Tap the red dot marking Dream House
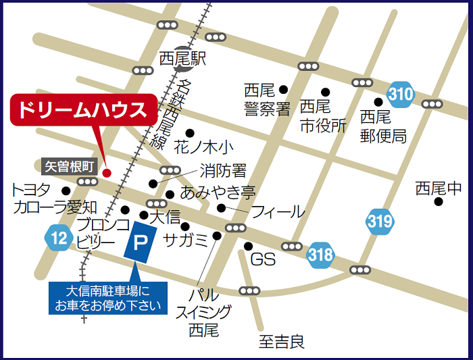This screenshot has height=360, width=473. pos(106,173)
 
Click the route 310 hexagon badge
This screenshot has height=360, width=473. pos(401,95)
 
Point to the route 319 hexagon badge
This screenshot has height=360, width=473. pos(380,221)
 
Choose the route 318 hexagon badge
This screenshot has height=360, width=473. pos(320,255)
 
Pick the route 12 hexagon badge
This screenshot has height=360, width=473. pos(58,237)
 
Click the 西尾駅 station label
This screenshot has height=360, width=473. pos(182,59)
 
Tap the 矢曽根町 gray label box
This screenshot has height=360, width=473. pos(70,165)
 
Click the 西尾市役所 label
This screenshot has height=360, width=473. pos(323,116)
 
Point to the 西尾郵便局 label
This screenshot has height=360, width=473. pos(383,126)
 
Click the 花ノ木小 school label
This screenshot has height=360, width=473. pos(203,145)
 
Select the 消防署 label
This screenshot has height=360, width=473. pos(222,170)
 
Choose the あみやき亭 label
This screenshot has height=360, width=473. pos(216,192)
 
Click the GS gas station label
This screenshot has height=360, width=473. pos(263,259)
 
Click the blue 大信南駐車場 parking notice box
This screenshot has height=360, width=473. pos(108,298)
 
